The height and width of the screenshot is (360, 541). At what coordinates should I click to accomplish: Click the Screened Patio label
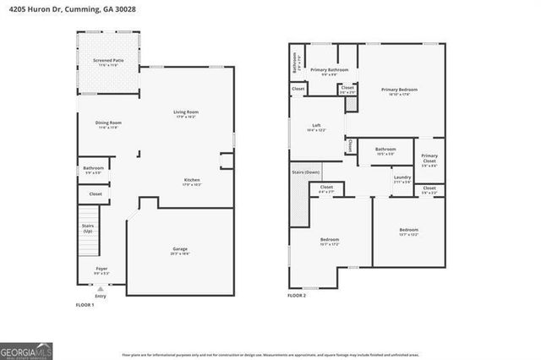click(x=107, y=61)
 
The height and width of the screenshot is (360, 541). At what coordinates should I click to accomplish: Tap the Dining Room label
click(x=109, y=124)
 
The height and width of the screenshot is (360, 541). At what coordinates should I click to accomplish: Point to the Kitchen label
click(x=193, y=180)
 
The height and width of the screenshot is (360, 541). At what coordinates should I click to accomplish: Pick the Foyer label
click(x=101, y=270)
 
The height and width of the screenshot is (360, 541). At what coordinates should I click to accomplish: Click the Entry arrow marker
click(x=101, y=289)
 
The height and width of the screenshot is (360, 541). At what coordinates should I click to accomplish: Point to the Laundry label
click(x=402, y=178)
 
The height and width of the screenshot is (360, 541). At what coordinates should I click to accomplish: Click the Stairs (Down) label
click(x=306, y=172)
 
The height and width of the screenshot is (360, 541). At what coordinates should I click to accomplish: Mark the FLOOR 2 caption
click(x=296, y=297)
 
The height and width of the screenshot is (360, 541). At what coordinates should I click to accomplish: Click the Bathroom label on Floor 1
click(x=93, y=169)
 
